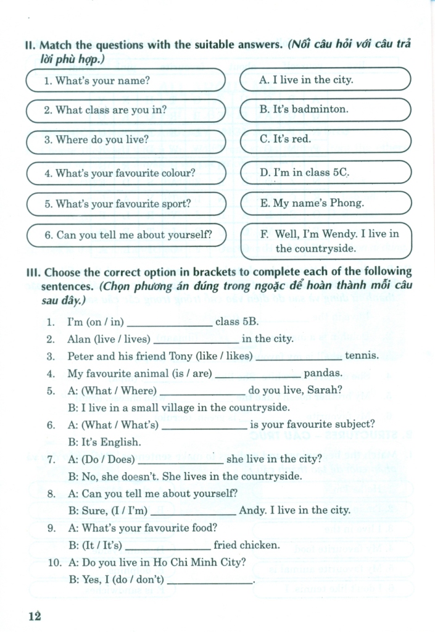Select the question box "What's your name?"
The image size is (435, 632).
pos(126,80)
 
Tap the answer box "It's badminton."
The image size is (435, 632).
pos(325,110)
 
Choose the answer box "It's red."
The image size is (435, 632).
pos(325,139)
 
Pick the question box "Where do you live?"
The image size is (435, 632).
pos(126,140)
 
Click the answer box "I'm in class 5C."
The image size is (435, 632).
pos(325,172)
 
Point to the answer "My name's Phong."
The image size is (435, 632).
pos(325,202)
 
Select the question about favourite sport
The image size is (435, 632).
pos(126,203)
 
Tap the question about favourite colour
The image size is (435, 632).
pos(126,173)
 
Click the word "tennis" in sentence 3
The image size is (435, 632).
pos(361,356)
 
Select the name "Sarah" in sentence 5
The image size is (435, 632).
pos(328,390)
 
